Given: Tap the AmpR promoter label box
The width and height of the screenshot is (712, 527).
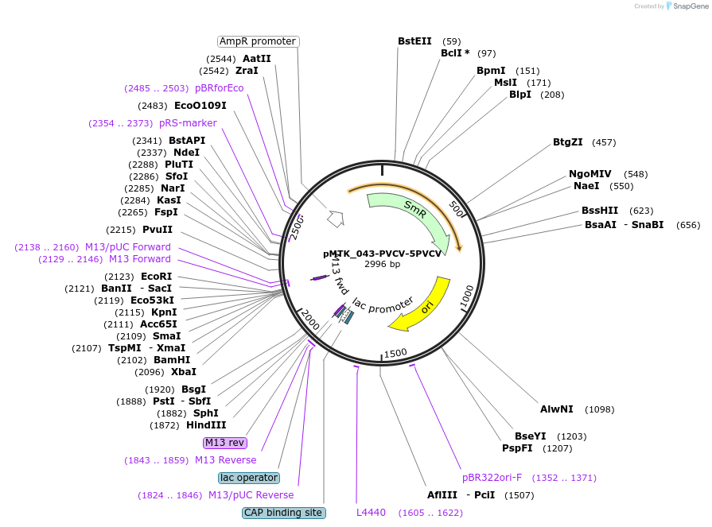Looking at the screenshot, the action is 258,41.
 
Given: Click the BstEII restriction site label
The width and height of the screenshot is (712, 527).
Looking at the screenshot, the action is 414,41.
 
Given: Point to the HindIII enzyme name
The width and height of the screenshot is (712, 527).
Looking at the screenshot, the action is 206,425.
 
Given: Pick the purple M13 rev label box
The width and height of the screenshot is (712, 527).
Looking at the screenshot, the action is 225,443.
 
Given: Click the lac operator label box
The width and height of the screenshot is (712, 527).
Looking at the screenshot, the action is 249,478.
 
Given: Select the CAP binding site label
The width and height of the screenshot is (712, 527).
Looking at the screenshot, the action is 283,513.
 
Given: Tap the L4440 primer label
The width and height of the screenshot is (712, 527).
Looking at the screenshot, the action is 371,513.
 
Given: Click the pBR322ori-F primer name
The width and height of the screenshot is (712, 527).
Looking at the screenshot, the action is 492,478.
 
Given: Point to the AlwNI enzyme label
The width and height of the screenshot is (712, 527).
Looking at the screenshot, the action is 557,409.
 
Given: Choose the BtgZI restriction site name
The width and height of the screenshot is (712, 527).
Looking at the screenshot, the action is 567,142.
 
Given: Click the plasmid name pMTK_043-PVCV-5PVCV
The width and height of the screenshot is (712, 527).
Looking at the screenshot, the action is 382,254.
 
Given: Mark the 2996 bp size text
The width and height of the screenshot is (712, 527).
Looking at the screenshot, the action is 383,264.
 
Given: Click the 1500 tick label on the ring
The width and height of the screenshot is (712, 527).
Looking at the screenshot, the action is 395,353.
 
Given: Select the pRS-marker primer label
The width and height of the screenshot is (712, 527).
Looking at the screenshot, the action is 188,123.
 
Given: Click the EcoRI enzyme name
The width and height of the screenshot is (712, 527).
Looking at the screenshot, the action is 157,277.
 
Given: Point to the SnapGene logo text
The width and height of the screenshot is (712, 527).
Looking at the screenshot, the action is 691,6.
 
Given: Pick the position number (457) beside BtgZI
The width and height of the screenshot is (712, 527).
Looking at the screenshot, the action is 604,142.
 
